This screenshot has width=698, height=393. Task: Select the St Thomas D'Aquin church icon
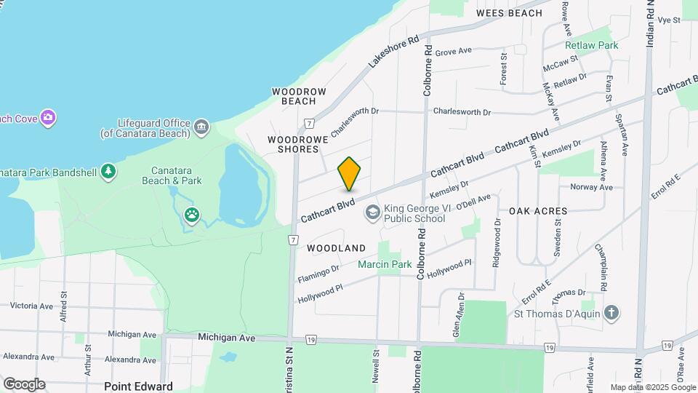612,314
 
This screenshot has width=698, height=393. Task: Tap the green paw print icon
192,215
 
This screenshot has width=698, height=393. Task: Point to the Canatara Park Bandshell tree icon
108,171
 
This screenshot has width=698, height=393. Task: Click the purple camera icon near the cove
48,117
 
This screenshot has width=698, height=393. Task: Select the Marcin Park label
385,264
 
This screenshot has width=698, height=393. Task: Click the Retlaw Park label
592,45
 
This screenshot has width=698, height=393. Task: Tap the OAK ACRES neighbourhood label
538,211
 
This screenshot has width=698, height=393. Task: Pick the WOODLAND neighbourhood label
336,248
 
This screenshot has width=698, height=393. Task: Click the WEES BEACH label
509,13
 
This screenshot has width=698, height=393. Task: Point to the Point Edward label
138,386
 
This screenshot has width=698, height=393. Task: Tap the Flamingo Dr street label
318,274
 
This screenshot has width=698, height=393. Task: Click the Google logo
24,384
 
